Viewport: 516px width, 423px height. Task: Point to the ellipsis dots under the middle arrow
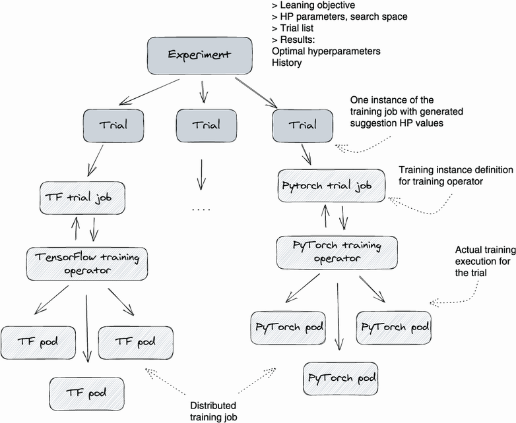[201, 210]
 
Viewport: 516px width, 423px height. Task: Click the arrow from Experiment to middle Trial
[203, 90]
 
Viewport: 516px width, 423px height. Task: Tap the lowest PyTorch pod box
[341, 378]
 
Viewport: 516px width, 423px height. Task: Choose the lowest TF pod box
[86, 393]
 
